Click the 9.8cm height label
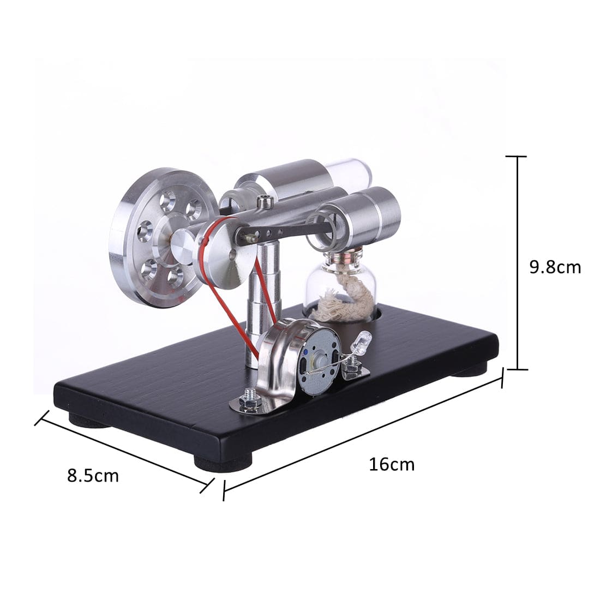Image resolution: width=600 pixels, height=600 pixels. [555, 267]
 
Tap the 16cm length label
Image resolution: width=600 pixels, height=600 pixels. [392, 464]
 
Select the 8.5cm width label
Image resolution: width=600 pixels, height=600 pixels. [93, 475]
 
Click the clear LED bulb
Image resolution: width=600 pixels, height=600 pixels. [362, 341]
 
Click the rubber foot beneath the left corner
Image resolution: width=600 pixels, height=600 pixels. [87, 421]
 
